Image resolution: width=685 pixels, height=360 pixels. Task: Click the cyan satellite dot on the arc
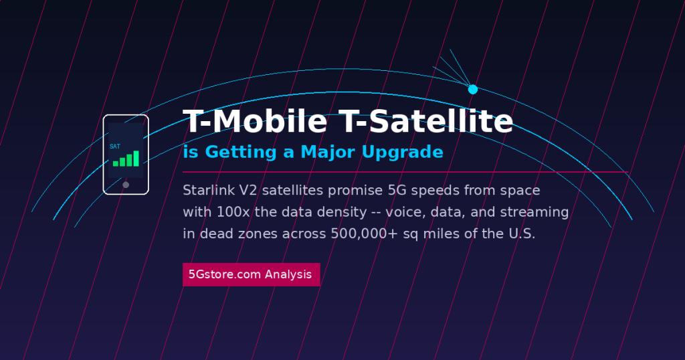pyautogui.click(x=473, y=89)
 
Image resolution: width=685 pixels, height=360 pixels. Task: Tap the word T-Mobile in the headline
pyautogui.click(x=255, y=122)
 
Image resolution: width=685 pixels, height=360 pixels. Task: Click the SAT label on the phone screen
pyautogui.click(x=115, y=146)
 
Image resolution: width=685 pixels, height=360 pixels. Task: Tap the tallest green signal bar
pyautogui.click(x=136, y=158)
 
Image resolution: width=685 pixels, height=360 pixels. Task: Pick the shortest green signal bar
pyautogui.click(x=116, y=163)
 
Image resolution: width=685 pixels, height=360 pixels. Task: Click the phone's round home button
pyautogui.click(x=126, y=185)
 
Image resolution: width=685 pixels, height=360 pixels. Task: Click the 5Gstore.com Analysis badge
pyautogui.click(x=251, y=274)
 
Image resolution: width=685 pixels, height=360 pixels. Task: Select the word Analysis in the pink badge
pyautogui.click(x=288, y=274)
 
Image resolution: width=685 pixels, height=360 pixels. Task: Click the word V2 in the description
pyautogui.click(x=248, y=191)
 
